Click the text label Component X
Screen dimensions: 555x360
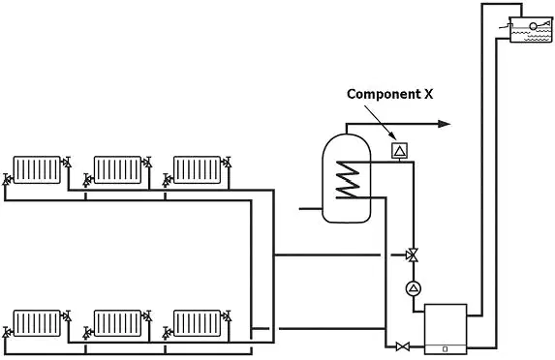(x=389, y=94)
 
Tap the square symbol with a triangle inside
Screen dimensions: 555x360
(x=400, y=151)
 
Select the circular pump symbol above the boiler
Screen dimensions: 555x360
(x=414, y=289)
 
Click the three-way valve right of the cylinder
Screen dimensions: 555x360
(x=413, y=255)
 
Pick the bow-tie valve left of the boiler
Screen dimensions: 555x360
(x=403, y=346)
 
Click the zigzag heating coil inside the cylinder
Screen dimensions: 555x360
(x=349, y=180)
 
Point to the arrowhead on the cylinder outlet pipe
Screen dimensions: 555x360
(x=445, y=124)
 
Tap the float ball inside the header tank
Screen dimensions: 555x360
(x=533, y=26)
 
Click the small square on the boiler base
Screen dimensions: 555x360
(x=446, y=349)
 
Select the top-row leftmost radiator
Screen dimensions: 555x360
(x=37, y=169)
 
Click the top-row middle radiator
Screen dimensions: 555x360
(x=117, y=169)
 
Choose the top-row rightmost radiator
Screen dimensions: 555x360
(x=198, y=169)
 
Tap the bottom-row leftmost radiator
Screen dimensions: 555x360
(x=37, y=323)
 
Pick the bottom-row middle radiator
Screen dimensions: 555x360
(x=117, y=323)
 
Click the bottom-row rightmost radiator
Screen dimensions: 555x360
(x=198, y=323)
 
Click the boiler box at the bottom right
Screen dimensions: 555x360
(x=446, y=329)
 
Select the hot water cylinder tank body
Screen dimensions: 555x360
(x=347, y=178)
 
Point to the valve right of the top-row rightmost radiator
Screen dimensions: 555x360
(x=227, y=163)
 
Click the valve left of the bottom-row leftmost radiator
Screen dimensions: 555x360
(x=7, y=331)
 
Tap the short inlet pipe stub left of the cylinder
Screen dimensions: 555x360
(x=310, y=209)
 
